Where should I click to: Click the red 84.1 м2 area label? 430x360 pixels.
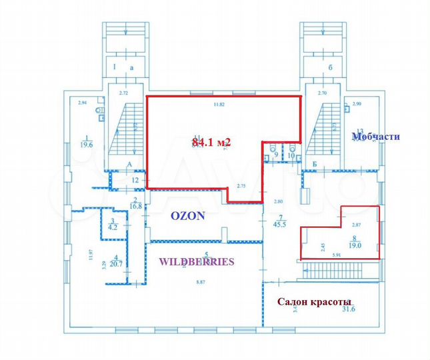click(x=211, y=142)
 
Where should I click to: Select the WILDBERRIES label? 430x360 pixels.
click(x=196, y=261)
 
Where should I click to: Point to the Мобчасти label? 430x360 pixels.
click(x=375, y=137)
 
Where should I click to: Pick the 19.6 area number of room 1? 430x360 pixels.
click(x=85, y=144)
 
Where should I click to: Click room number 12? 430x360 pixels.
click(x=135, y=180)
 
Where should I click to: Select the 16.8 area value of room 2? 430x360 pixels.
click(x=135, y=207)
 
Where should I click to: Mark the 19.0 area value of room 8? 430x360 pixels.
click(x=355, y=245)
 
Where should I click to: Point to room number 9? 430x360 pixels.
click(x=277, y=157)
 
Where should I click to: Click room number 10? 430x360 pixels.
click(x=291, y=157)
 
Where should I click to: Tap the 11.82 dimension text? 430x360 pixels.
click(x=218, y=105)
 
